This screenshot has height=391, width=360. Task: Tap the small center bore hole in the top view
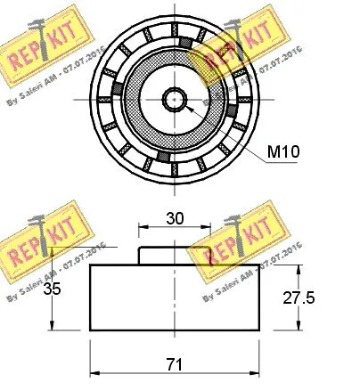pos(175,98)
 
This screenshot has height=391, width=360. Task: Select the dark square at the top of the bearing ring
pos(185,43)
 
